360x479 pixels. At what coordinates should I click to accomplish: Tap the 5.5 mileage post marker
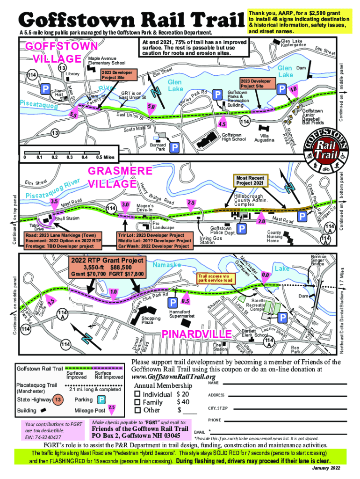tap(72, 115)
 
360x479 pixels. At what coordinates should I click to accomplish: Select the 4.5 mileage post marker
tap(223, 124)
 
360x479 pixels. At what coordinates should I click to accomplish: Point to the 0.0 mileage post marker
tap(266, 275)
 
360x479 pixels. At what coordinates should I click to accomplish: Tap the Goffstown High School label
tap(234, 137)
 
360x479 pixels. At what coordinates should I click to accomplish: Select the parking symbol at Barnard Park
tap(174, 148)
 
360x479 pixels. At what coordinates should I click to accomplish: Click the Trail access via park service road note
tap(216, 279)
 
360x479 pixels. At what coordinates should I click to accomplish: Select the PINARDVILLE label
tap(196, 334)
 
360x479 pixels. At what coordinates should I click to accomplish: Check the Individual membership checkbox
tap(137, 394)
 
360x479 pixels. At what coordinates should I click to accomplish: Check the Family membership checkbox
tap(137, 402)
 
